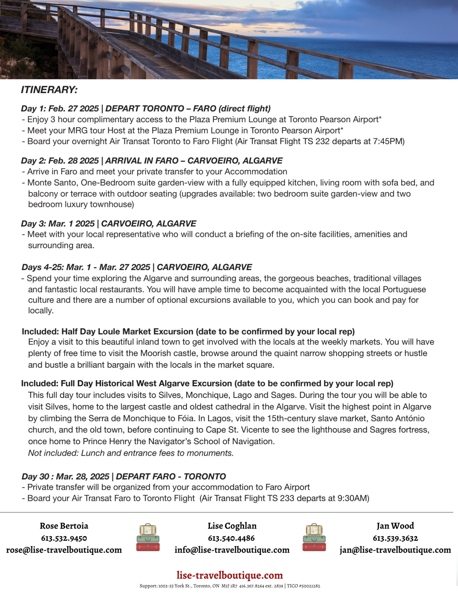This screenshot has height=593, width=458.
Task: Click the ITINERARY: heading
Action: click(x=49, y=90)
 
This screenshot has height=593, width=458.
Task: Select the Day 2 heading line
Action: click(x=151, y=161)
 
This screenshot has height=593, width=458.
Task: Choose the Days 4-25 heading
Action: click(x=137, y=267)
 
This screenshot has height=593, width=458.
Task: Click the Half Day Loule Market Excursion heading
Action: click(x=188, y=331)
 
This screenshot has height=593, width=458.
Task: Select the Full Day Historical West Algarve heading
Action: click(x=207, y=383)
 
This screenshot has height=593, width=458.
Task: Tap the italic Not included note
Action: click(x=131, y=453)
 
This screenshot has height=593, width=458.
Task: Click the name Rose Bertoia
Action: click(x=64, y=526)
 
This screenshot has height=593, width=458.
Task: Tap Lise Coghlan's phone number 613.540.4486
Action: click(x=231, y=538)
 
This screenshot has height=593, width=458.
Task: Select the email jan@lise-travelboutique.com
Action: click(x=395, y=550)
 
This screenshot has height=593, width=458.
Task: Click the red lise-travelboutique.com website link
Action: click(x=229, y=575)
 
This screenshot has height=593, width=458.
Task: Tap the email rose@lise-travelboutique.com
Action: click(x=64, y=550)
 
